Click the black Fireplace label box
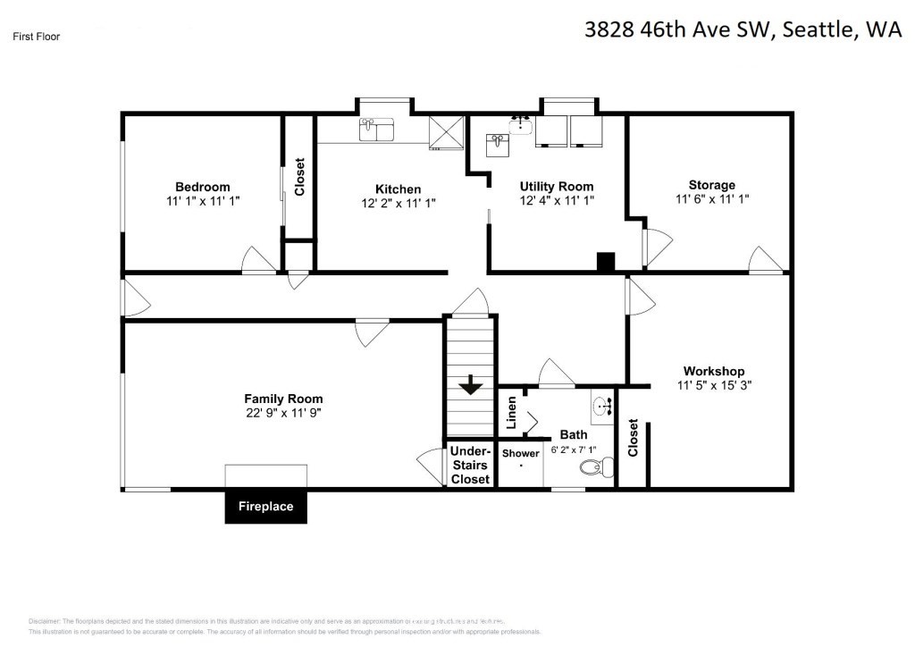pyautogui.click(x=265, y=507)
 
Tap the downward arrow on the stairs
pyautogui.click(x=470, y=386)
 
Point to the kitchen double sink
pyautogui.click(x=377, y=130)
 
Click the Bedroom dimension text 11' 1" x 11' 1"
pyautogui.click(x=203, y=201)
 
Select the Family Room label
pyautogui.click(x=283, y=399)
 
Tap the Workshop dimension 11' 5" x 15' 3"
pyautogui.click(x=713, y=386)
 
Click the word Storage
pyautogui.click(x=712, y=185)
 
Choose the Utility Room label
pyautogui.click(x=557, y=187)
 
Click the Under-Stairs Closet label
pyautogui.click(x=469, y=465)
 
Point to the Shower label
pyautogui.click(x=520, y=453)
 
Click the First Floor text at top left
pyautogui.click(x=37, y=37)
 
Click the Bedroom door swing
pyautogui.click(x=258, y=260)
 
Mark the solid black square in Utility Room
pyautogui.click(x=606, y=262)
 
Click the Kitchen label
pyautogui.click(x=398, y=189)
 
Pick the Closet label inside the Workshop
pyautogui.click(x=633, y=438)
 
